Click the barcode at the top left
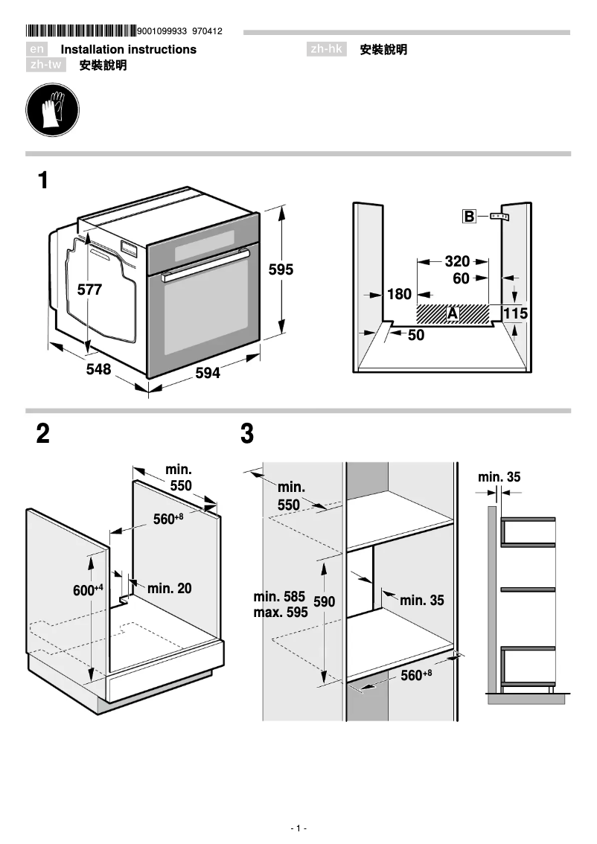(81, 31)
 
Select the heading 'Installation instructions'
(128, 49)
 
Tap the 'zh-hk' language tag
(327, 49)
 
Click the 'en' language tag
(38, 49)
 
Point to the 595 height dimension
(281, 270)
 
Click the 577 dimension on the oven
(89, 290)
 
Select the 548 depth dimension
(98, 369)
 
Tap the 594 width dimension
(208, 374)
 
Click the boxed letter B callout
(469, 217)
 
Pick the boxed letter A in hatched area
(452, 314)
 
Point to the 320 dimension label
(457, 261)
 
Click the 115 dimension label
(515, 314)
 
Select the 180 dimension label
(399, 295)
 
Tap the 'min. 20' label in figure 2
(170, 589)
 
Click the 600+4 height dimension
(87, 590)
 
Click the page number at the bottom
(298, 828)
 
